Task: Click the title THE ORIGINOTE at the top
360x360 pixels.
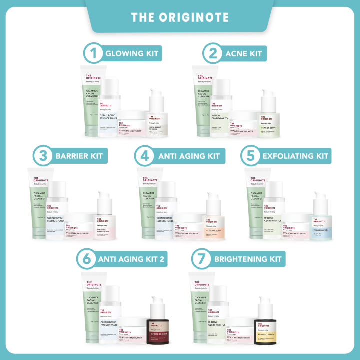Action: click(x=180, y=17)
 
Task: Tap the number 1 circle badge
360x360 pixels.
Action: click(x=92, y=53)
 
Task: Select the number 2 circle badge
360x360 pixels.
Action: click(x=212, y=53)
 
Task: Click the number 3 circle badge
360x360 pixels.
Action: click(x=43, y=156)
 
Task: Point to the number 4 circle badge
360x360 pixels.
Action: click(x=145, y=156)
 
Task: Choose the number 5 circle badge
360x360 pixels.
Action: click(x=251, y=156)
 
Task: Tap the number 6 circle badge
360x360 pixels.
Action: click(x=86, y=259)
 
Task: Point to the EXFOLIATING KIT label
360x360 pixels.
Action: click(x=295, y=156)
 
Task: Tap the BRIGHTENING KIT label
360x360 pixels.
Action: click(x=247, y=259)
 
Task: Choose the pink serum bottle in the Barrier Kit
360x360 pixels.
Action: click(x=106, y=220)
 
